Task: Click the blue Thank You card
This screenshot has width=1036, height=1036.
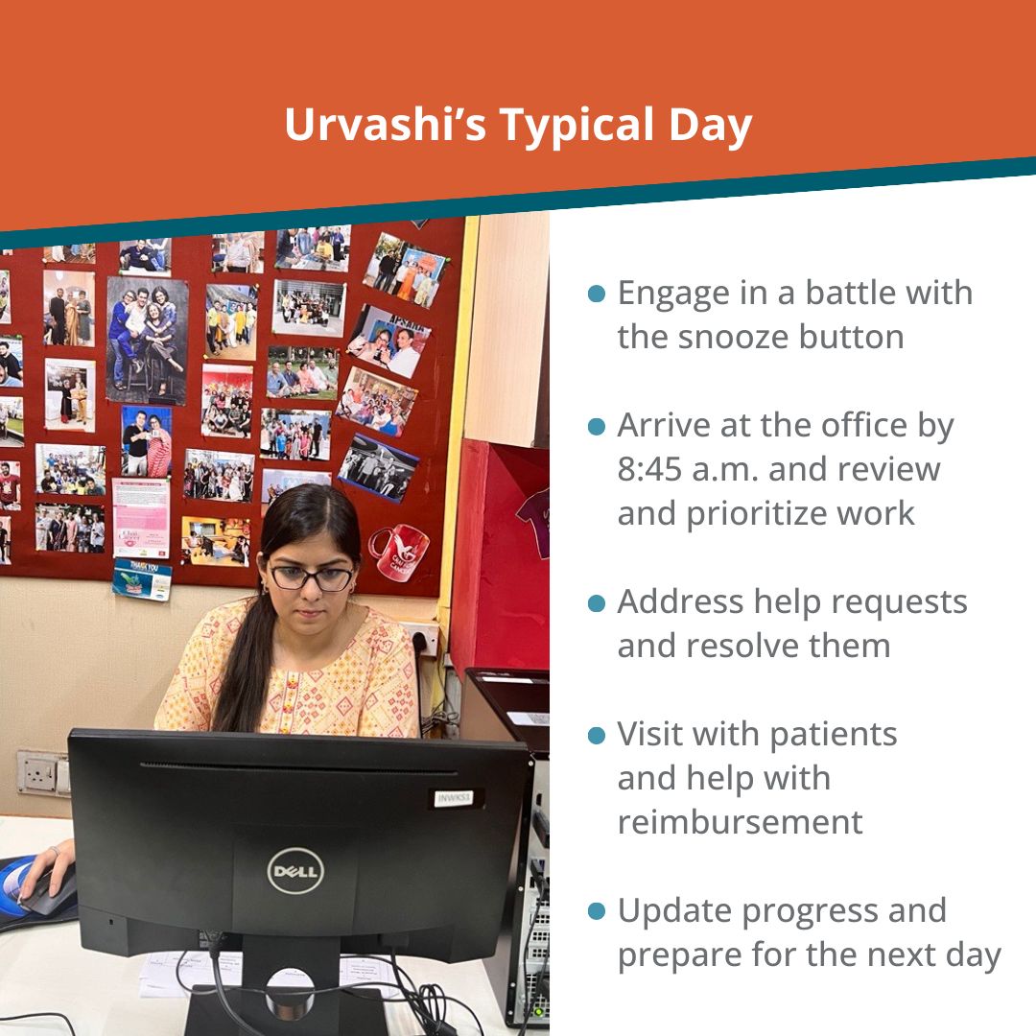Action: (x=142, y=579)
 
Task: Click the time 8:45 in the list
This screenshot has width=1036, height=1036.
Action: (x=649, y=469)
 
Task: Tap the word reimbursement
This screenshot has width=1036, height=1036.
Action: (x=740, y=822)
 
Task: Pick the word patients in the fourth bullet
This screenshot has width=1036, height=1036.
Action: (x=834, y=735)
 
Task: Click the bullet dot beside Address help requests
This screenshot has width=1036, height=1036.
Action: (x=597, y=602)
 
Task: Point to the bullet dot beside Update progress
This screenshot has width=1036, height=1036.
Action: (x=597, y=911)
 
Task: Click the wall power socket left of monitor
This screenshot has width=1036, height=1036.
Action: (x=41, y=772)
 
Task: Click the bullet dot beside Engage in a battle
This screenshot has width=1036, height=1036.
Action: (x=597, y=294)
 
